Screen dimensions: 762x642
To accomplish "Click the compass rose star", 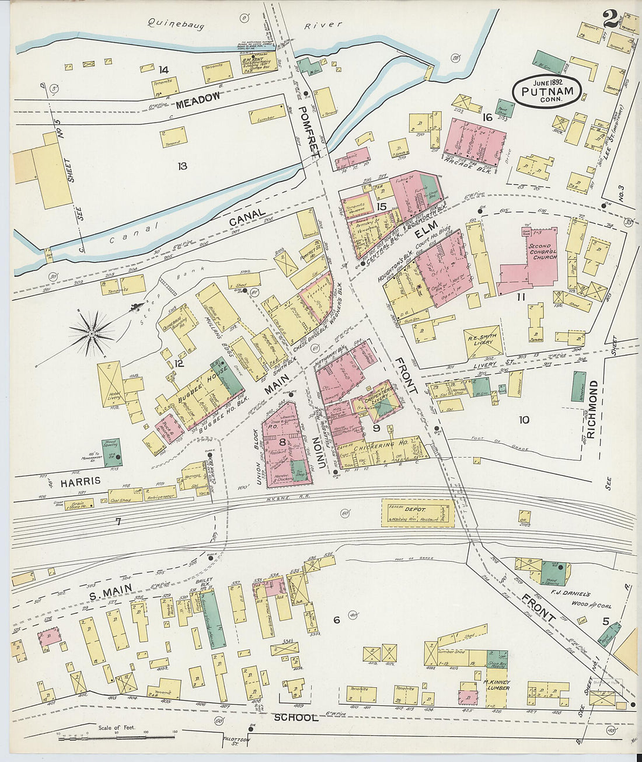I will pyautogui.click(x=92, y=333).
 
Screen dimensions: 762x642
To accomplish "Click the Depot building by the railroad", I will pyautogui.click(x=418, y=513).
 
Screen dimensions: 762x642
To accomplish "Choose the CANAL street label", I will pyautogui.click(x=247, y=220).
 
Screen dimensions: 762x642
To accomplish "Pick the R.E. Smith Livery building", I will pyautogui.click(x=483, y=340).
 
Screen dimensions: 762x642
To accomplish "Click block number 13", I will pyautogui.click(x=182, y=166).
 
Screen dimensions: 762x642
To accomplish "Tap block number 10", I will pyautogui.click(x=524, y=419).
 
